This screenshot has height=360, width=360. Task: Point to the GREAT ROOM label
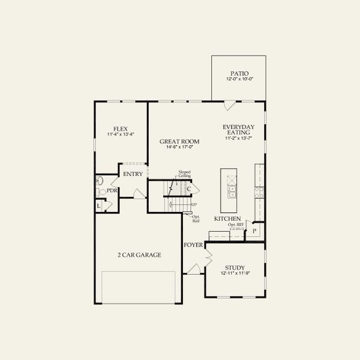point(179,142)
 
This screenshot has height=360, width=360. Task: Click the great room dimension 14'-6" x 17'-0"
point(179,148)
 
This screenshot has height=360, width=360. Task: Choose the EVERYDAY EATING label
point(239,130)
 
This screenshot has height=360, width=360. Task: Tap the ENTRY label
point(132,174)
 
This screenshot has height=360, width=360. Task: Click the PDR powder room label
point(111,191)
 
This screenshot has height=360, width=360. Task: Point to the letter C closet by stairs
point(188,189)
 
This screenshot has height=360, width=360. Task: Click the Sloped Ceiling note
point(184,174)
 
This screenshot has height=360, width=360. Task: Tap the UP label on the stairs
point(194,205)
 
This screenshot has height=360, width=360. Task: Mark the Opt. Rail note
point(196,219)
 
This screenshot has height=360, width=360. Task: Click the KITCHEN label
point(228,219)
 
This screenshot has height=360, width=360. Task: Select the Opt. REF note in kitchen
point(236,224)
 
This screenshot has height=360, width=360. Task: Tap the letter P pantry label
point(254,230)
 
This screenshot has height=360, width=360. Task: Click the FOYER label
point(193,245)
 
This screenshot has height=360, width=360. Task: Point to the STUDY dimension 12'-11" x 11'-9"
point(234,274)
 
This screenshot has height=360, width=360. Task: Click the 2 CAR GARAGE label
point(139,255)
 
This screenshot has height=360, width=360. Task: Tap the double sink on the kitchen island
point(231,191)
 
